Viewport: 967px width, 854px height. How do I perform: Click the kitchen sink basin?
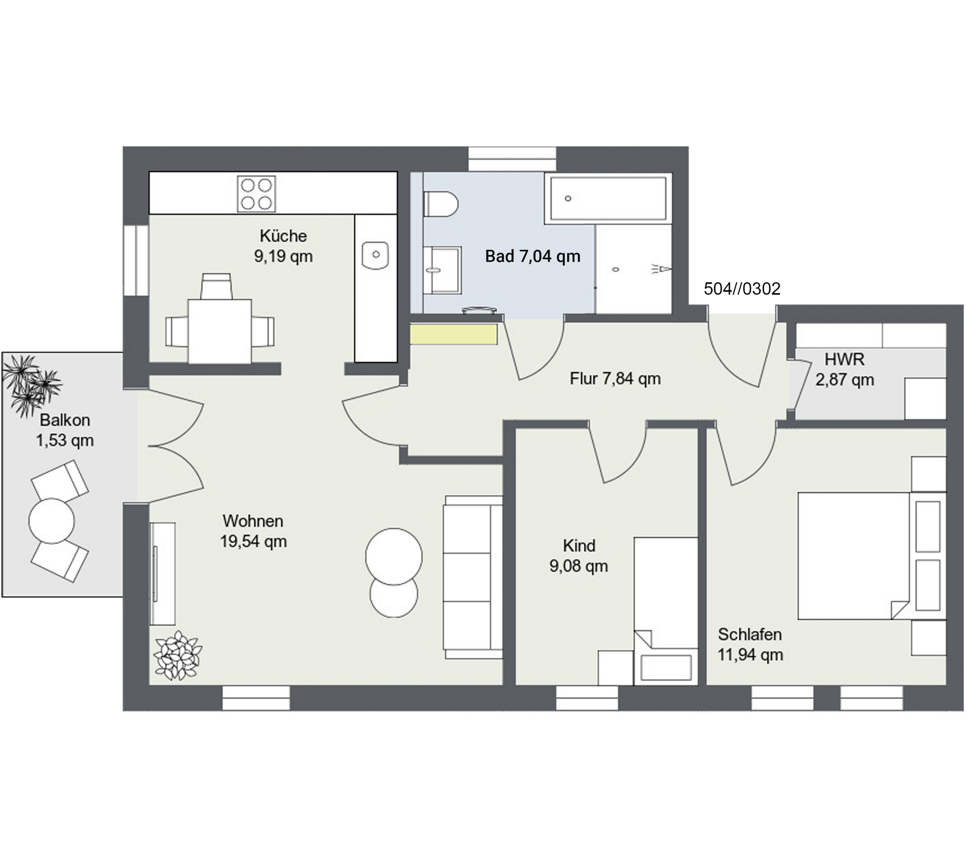point(375,255)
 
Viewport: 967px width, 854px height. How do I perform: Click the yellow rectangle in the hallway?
point(454,334)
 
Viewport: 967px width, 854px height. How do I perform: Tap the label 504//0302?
point(742,288)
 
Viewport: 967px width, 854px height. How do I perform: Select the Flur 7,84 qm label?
point(615,379)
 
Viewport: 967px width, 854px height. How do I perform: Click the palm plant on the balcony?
point(31,385)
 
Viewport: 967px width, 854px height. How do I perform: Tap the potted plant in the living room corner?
point(178,655)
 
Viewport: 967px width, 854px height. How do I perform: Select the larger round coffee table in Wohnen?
point(394,556)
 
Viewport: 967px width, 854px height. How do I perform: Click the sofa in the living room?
point(473,577)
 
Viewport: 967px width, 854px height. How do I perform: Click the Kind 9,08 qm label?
point(579,556)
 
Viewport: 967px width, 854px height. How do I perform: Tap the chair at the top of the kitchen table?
point(216,286)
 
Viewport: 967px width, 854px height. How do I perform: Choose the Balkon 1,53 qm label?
point(65,430)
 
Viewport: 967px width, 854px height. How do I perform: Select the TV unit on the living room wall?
point(162,574)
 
